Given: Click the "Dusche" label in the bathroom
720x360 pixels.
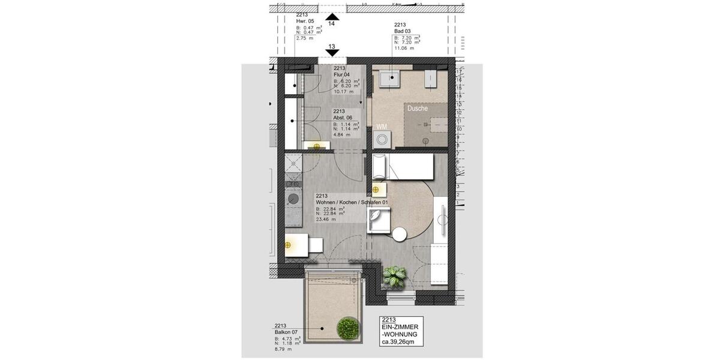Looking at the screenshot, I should pyautogui.click(x=418, y=109).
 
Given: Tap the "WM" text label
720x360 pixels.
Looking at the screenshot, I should pyautogui.click(x=381, y=127).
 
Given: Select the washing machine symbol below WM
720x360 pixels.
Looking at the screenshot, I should pyautogui.click(x=381, y=140).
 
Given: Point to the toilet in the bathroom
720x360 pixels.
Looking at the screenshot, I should pyautogui.click(x=431, y=79).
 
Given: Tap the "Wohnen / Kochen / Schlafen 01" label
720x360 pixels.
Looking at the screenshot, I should pyautogui.click(x=352, y=203).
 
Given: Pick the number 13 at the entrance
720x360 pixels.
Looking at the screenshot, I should pyautogui.click(x=331, y=47).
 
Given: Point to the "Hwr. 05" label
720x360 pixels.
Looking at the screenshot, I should pyautogui.click(x=306, y=20).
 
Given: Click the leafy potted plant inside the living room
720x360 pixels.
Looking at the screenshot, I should pyautogui.click(x=396, y=275).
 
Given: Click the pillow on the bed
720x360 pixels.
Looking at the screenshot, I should pyautogui.click(x=380, y=166).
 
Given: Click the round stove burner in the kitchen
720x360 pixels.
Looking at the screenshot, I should pyautogui.click(x=293, y=198).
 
